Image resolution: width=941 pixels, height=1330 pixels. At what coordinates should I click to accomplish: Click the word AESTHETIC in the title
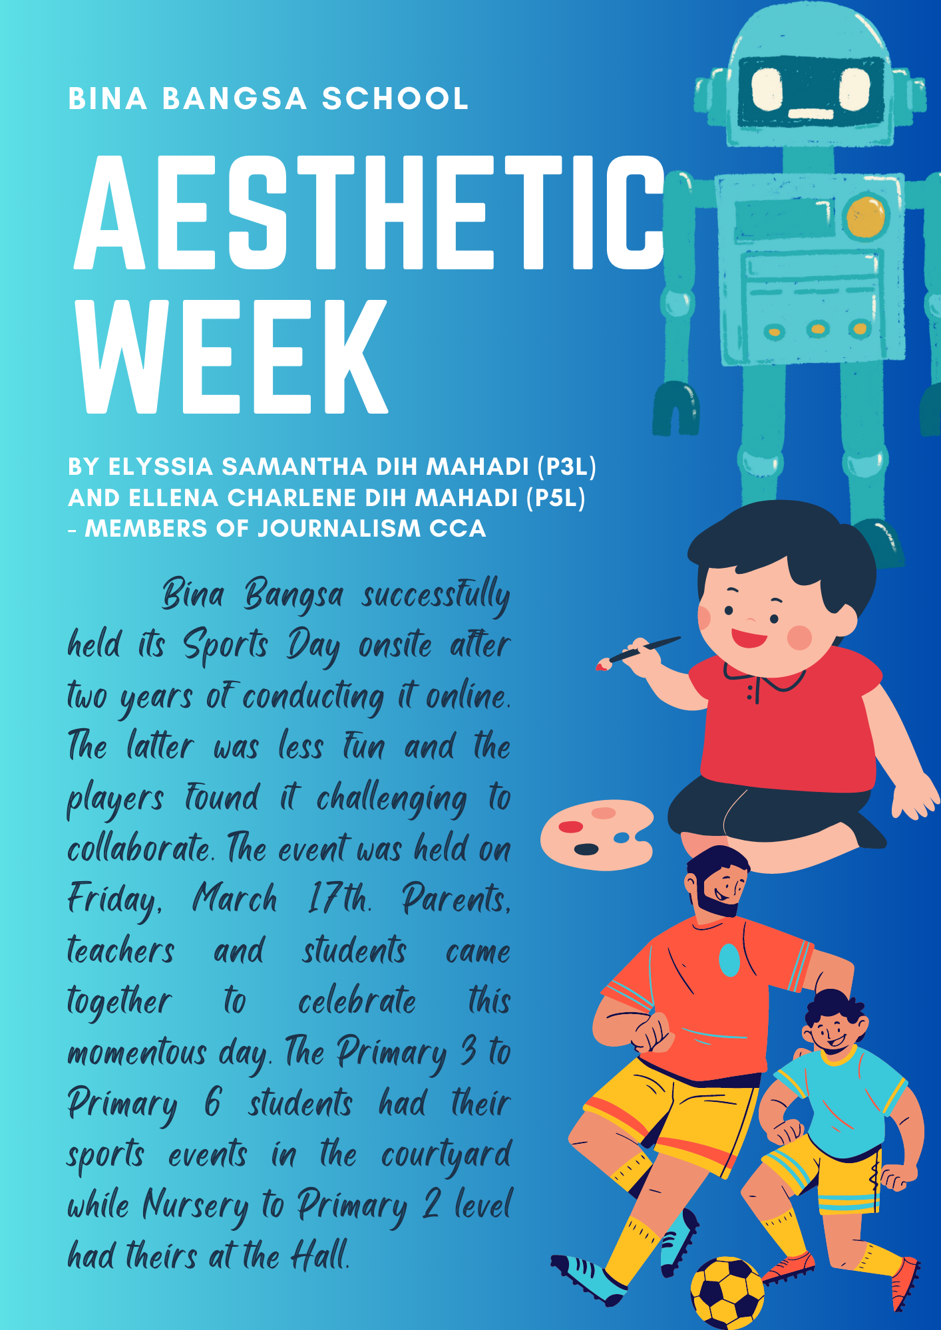click(370, 213)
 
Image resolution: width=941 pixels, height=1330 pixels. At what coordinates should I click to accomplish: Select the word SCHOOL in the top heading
click(395, 99)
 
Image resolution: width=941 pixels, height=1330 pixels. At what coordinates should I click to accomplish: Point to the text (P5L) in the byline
click(556, 497)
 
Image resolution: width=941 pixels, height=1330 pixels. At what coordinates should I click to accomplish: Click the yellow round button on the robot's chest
click(866, 217)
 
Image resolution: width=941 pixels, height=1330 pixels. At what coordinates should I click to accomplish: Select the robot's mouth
click(811, 114)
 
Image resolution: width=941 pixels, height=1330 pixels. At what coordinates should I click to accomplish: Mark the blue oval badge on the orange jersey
click(729, 960)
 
